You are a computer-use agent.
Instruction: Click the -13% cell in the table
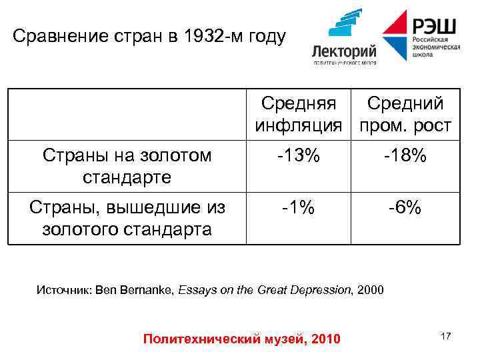(299, 156)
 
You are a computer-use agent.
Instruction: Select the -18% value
(405, 156)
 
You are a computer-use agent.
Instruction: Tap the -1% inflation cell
(298, 208)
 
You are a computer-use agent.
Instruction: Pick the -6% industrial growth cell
(405, 208)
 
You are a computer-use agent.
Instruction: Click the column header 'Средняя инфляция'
(299, 114)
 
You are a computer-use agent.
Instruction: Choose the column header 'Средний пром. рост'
(405, 114)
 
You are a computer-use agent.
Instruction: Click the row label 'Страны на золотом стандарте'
(127, 166)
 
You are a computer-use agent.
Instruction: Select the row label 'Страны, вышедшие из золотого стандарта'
(127, 218)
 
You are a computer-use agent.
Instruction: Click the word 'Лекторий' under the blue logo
(345, 51)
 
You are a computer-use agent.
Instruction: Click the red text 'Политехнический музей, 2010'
(241, 339)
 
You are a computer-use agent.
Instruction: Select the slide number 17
(445, 337)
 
